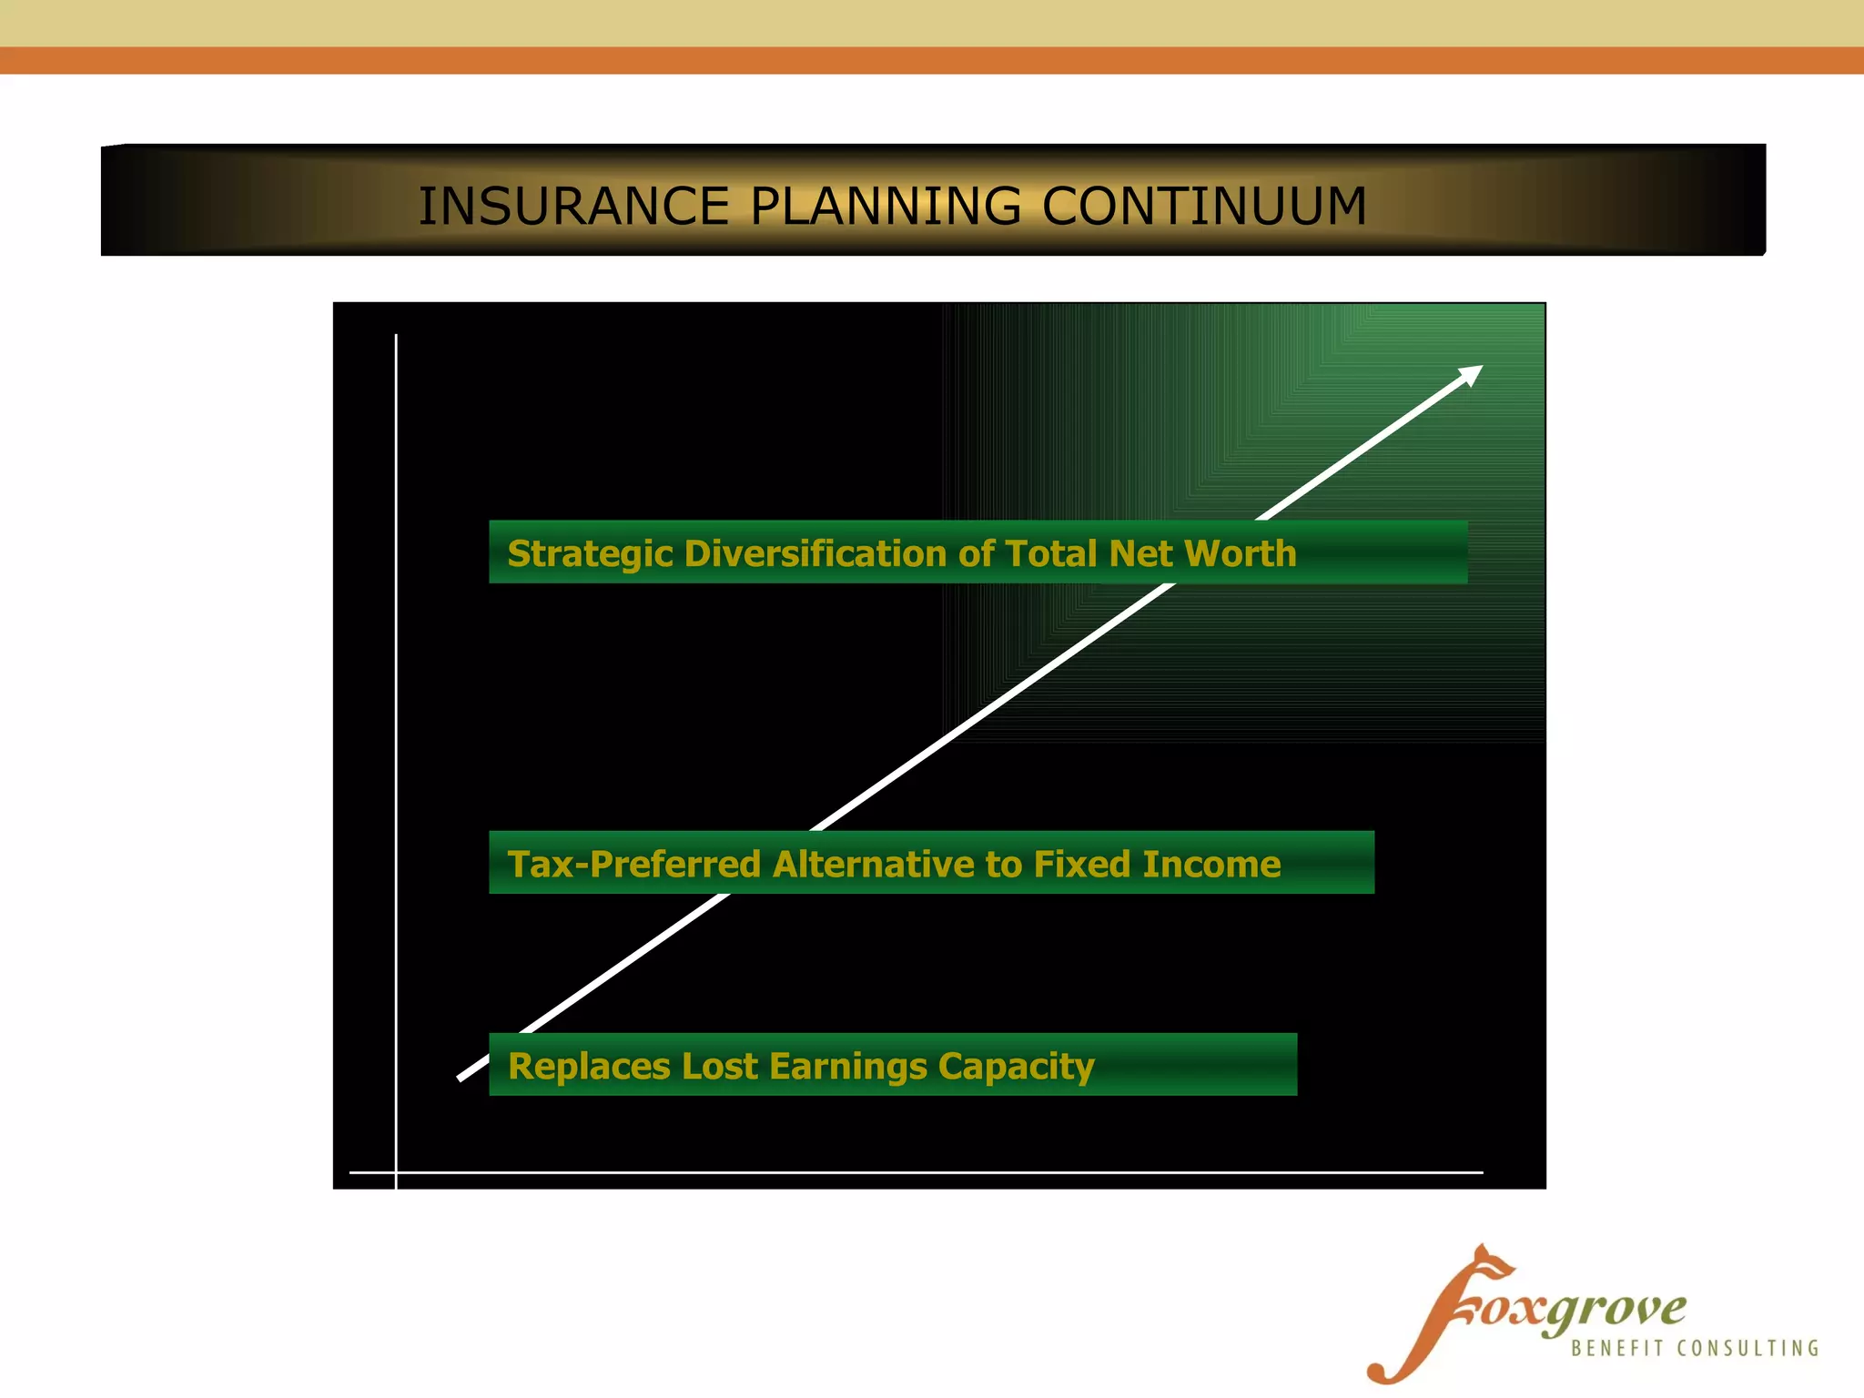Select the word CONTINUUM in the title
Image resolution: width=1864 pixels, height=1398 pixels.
pos(1203,207)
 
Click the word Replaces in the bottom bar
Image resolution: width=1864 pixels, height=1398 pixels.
pos(588,1067)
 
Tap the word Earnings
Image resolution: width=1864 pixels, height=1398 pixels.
pos(847,1067)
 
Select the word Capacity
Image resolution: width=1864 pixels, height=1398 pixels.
pos(1016,1067)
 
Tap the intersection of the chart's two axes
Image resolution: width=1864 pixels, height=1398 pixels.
pos(396,1172)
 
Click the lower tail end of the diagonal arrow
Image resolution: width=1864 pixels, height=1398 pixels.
pos(462,1077)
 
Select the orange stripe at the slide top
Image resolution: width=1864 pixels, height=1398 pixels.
pos(932,60)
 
